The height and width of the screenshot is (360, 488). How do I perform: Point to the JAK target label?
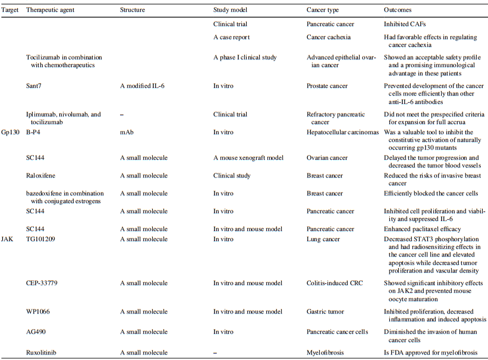tap(7, 238)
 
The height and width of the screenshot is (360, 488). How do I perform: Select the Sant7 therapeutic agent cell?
tap(34, 86)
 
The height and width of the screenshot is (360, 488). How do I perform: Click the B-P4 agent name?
tap(34, 132)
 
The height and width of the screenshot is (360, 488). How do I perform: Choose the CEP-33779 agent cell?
tap(42, 283)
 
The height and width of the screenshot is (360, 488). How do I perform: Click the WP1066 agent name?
tap(37, 311)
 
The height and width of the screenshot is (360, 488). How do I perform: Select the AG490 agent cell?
tap(36, 331)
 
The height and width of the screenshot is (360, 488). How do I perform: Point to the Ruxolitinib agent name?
tap(42, 352)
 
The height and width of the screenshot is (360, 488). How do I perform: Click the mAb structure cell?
tap(126, 132)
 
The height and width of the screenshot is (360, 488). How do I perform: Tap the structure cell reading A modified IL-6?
tap(142, 86)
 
